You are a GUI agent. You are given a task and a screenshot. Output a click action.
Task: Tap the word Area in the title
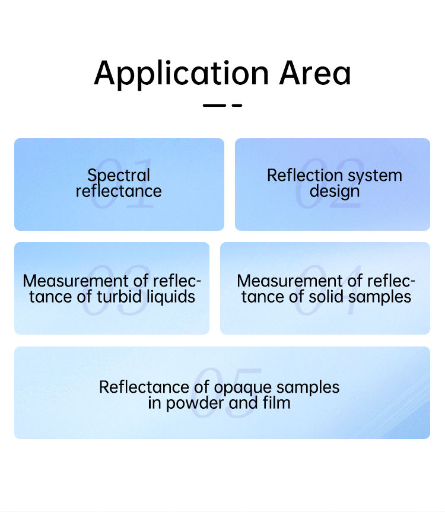coord(315,72)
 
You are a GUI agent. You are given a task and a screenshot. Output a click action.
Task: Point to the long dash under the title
coord(214,106)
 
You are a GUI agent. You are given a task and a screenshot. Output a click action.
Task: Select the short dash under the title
coord(237,106)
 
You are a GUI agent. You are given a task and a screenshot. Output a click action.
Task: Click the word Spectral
coord(119,176)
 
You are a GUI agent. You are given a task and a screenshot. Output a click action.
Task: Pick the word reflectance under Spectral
coord(119,191)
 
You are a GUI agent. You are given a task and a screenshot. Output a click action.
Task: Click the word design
coord(335,192)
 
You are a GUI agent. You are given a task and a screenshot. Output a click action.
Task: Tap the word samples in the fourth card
coord(384,297)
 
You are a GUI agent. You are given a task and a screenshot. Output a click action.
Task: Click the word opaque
coord(242,388)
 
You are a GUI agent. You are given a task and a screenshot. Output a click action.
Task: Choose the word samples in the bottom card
coord(309,388)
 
